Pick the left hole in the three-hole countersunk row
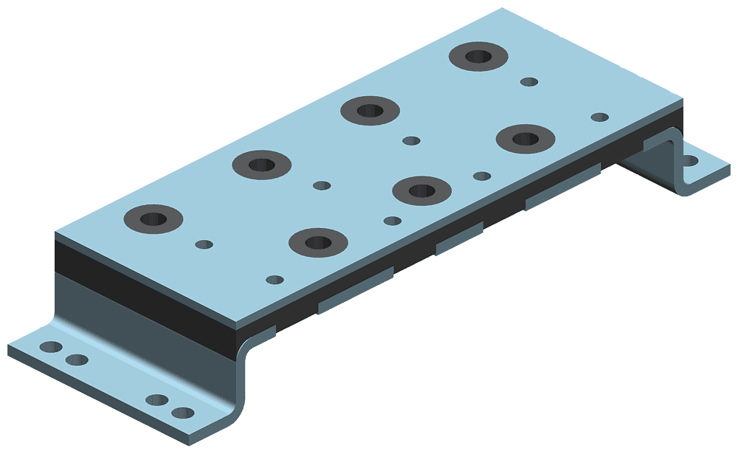point(317,241)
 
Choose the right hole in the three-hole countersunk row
point(525,138)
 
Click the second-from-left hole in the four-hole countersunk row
point(262,164)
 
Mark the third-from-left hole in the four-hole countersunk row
point(370,111)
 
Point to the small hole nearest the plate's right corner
point(600,117)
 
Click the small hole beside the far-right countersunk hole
point(529,81)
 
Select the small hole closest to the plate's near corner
point(275,280)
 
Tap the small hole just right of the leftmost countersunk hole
point(204,244)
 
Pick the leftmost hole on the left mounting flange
point(51,346)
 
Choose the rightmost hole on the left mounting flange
point(182,413)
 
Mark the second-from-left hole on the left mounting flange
point(76,360)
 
